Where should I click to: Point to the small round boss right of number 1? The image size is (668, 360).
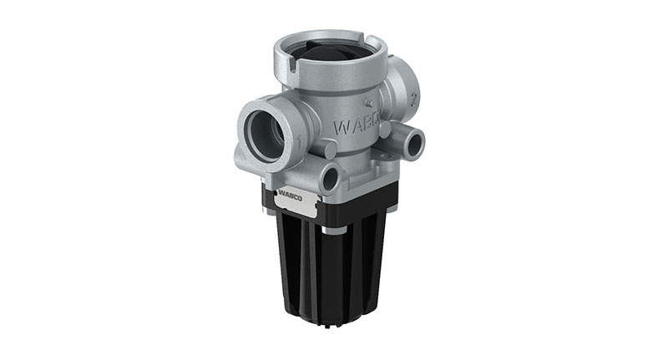tap(328, 149)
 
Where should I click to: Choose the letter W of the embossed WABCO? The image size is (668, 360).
tap(340, 128)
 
